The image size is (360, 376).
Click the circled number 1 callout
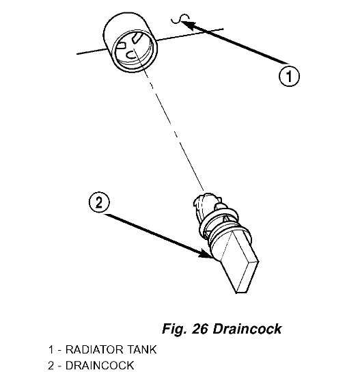(289, 77)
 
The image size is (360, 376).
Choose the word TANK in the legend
(141, 349)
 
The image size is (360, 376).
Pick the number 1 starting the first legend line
(51, 349)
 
